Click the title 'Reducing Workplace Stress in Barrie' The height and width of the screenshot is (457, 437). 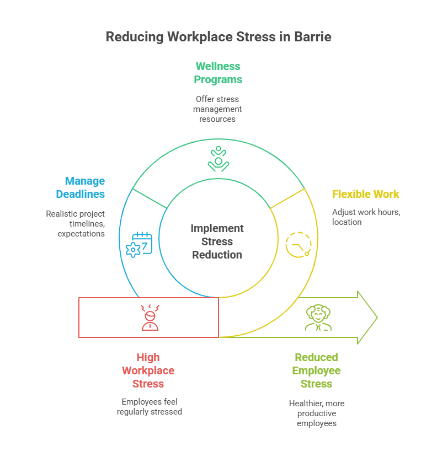218,37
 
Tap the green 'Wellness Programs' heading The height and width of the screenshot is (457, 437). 218,73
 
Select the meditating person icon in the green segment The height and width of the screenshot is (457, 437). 218,158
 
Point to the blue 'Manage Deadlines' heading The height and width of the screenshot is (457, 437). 81,187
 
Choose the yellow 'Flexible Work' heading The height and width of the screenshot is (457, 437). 365,194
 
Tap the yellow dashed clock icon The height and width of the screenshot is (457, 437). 299,245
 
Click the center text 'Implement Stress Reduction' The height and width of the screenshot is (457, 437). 217,241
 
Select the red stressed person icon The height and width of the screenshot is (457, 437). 150,318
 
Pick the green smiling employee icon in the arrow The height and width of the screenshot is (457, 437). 318,318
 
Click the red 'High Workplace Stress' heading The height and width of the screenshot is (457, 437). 148,370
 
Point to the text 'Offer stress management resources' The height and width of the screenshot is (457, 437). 217,109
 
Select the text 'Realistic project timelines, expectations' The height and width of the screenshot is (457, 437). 76,223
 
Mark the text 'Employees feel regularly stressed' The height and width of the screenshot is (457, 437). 149,406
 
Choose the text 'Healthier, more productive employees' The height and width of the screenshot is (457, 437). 317,413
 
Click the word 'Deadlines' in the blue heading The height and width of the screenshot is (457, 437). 81,194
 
